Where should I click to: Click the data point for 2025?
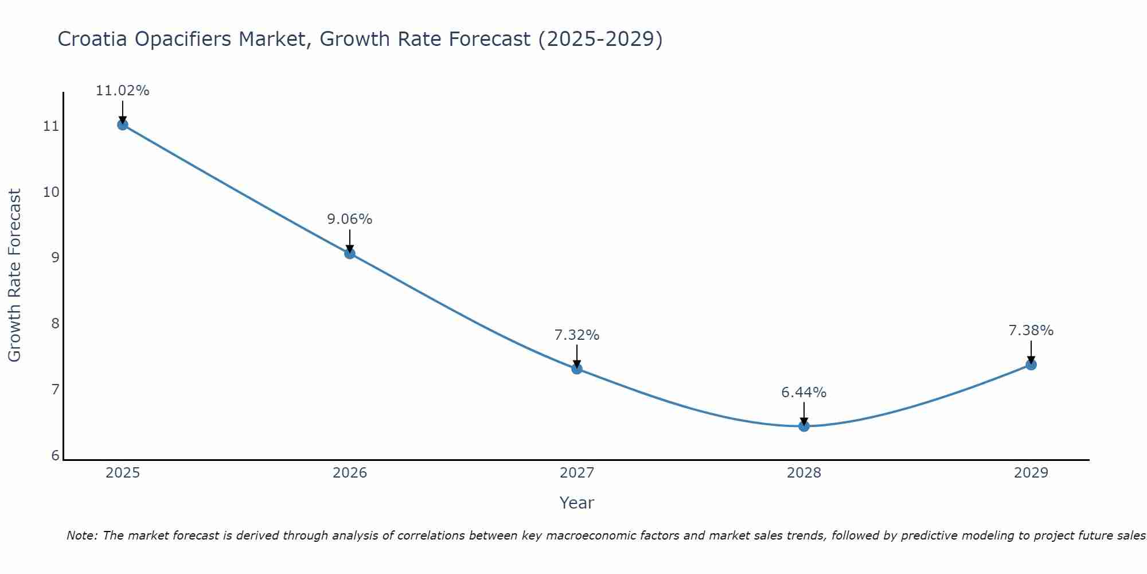pos(122,125)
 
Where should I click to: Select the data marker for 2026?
pos(350,253)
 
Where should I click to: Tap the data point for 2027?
pos(577,369)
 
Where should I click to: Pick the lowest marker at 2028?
pos(804,426)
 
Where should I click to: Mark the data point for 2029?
pos(1031,364)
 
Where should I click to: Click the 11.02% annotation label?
pos(122,91)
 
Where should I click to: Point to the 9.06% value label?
pos(350,219)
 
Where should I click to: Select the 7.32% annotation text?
pos(577,335)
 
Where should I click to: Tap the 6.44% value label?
pos(804,393)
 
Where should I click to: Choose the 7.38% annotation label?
pos(1031,331)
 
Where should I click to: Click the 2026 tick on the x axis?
pos(350,473)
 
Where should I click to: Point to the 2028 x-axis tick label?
pos(804,473)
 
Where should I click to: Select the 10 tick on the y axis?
pos(51,192)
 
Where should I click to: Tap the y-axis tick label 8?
pos(55,324)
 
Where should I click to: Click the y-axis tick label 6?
pos(55,456)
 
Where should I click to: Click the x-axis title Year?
pos(576,503)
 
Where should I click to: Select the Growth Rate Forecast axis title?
pos(14,276)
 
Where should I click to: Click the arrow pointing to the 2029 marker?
pos(1031,351)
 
